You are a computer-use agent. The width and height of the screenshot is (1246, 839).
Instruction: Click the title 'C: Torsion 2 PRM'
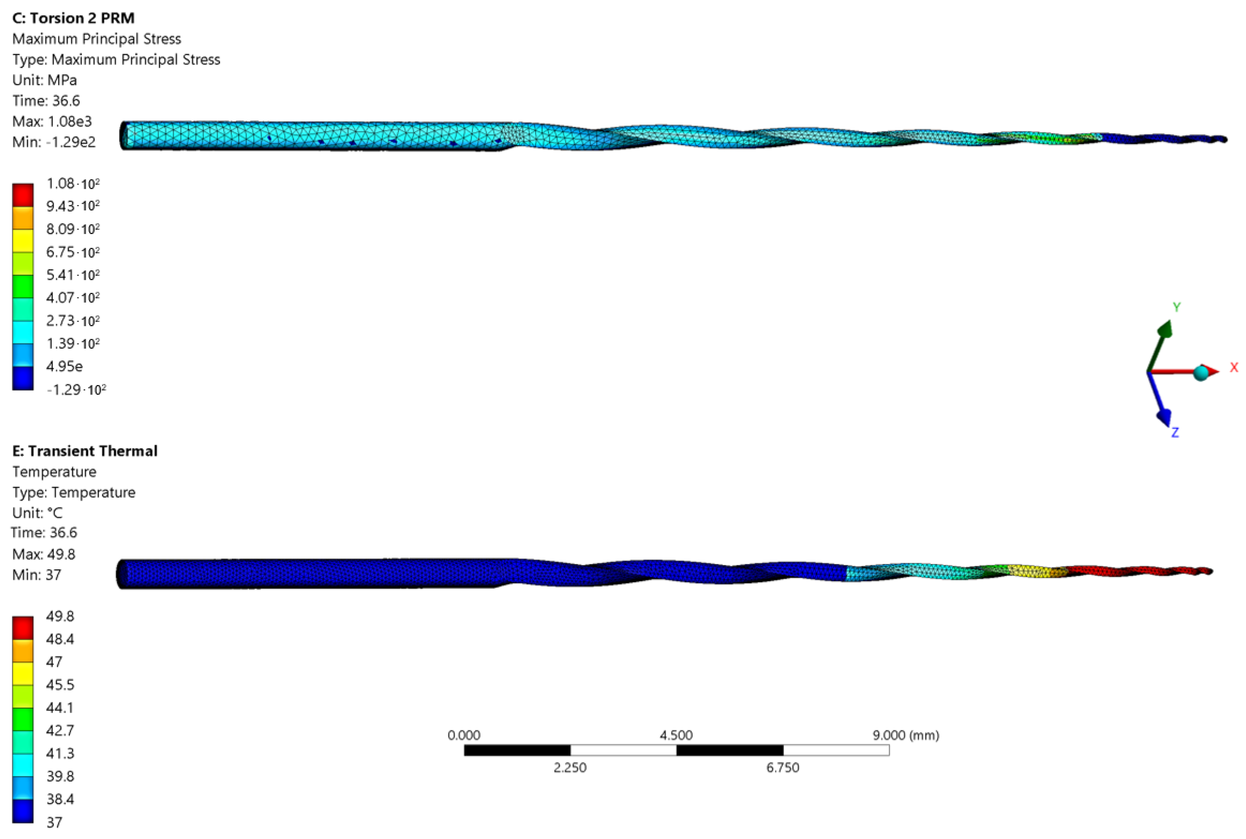[73, 18]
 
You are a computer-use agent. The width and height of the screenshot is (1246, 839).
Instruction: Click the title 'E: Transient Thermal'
[85, 451]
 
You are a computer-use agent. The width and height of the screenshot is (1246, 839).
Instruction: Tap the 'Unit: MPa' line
[44, 80]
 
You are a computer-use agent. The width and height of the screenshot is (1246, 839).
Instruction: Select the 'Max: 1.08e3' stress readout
[52, 122]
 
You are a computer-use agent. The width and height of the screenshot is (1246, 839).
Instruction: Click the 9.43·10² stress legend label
[73, 206]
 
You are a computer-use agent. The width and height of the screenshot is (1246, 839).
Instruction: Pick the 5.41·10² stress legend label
[73, 275]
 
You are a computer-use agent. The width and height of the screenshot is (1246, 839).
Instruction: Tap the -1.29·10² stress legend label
[76, 390]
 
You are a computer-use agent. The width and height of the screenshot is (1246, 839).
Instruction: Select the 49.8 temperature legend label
[60, 616]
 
